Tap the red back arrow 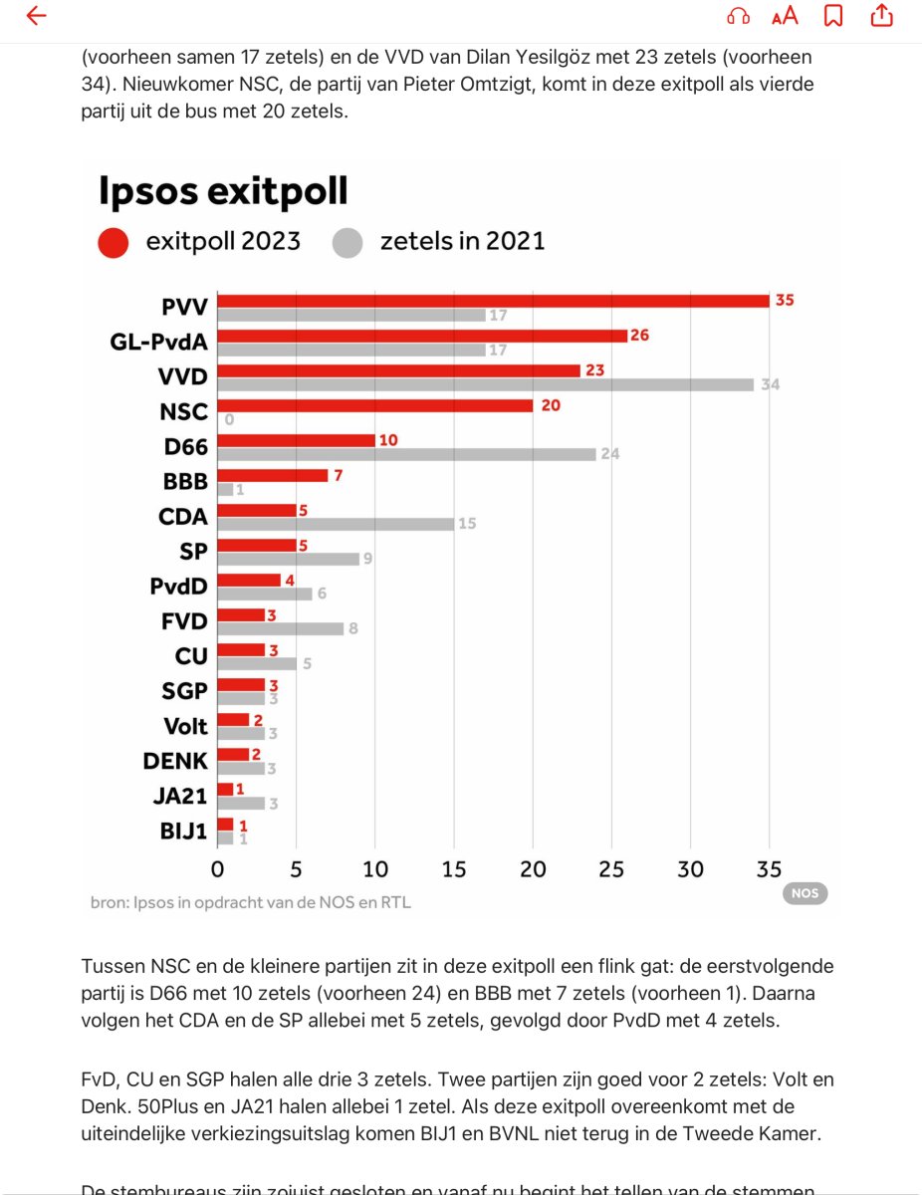click(36, 16)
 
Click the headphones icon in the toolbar click(738, 16)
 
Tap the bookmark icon click(833, 16)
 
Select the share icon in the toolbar click(881, 16)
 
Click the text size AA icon click(785, 16)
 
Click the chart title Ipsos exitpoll click(223, 191)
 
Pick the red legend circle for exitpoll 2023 click(114, 242)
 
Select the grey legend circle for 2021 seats click(347, 242)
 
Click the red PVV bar click(493, 301)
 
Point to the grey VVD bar click(485, 384)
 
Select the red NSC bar click(374, 405)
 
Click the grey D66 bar click(406, 454)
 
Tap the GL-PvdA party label click(158, 344)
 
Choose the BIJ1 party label click(183, 831)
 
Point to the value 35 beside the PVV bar click(785, 300)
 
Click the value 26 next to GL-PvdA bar click(639, 336)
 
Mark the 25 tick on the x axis click(611, 869)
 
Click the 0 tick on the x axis click(218, 869)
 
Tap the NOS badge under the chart click(805, 893)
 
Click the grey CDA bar click(336, 524)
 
